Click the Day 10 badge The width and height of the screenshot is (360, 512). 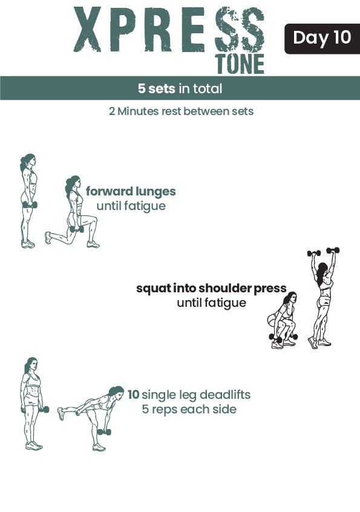[322, 39]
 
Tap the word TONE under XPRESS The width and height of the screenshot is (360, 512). [240, 64]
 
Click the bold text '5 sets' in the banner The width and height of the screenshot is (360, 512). [156, 88]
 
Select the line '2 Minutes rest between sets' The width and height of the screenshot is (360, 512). [181, 111]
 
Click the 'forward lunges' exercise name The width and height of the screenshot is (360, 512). [131, 191]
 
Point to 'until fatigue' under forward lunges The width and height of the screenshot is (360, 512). [131, 206]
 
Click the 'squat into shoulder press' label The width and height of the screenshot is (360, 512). [211, 288]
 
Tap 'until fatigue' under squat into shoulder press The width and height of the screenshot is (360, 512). [211, 303]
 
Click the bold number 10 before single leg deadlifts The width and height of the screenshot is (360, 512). [133, 395]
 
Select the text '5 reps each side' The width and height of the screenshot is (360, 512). [189, 409]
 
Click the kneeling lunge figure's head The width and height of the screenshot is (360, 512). [73, 184]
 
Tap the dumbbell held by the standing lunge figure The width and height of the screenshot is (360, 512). [30, 205]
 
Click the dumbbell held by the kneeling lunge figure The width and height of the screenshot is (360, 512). [77, 229]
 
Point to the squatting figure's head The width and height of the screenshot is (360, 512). [290, 299]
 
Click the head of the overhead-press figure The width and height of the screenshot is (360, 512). [323, 271]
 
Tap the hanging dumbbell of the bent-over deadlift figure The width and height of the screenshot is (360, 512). [104, 432]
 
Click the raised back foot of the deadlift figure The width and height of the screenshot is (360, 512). [61, 413]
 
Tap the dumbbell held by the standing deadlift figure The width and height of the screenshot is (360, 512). [44, 410]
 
